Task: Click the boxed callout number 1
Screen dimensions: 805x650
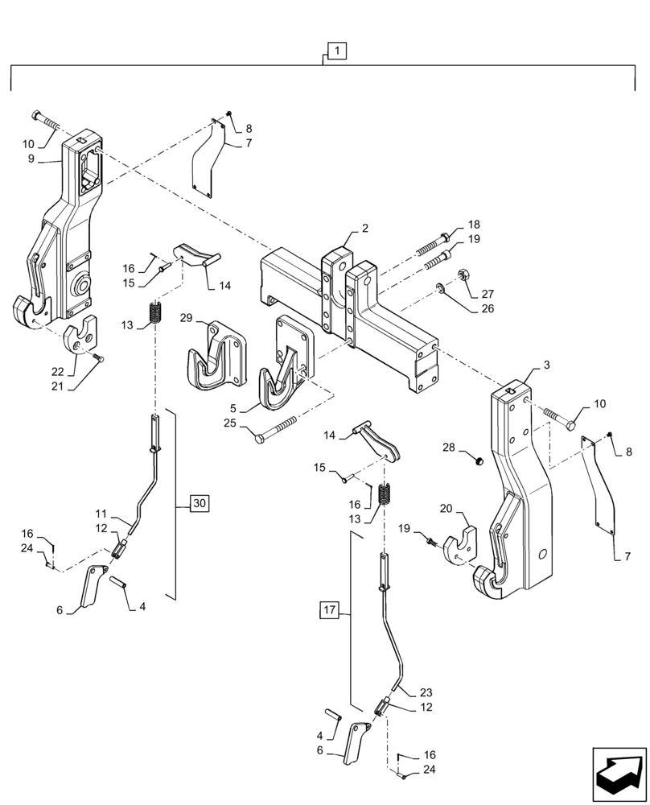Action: [337, 52]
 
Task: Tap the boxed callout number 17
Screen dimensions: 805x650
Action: [330, 609]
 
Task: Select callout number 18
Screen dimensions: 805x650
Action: [473, 225]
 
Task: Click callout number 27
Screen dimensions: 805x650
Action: [488, 294]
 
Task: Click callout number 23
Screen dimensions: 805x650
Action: [426, 691]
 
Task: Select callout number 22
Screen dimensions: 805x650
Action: [57, 372]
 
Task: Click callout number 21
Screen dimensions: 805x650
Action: [57, 386]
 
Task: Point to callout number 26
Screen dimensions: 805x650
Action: [488, 308]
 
